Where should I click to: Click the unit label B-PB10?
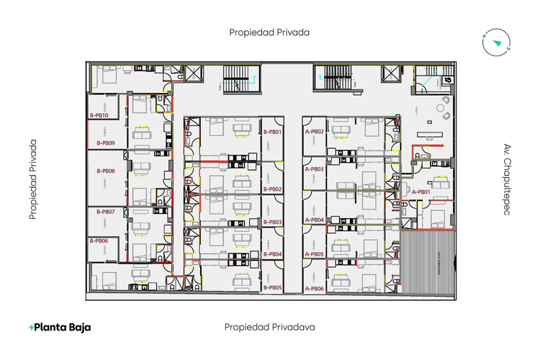(99, 115)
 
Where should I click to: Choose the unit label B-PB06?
(99, 240)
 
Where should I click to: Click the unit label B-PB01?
(272, 132)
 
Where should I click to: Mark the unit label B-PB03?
(272, 222)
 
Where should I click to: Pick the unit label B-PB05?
(272, 288)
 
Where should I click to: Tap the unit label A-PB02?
(315, 132)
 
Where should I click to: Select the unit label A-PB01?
(420, 192)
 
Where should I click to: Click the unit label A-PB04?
(315, 220)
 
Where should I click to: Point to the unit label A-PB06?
(315, 288)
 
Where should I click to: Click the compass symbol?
(496, 42)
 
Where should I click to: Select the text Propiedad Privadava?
(269, 327)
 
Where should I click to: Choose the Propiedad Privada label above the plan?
(269, 32)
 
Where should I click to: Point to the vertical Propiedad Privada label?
(33, 179)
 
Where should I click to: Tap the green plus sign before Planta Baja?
(31, 327)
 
